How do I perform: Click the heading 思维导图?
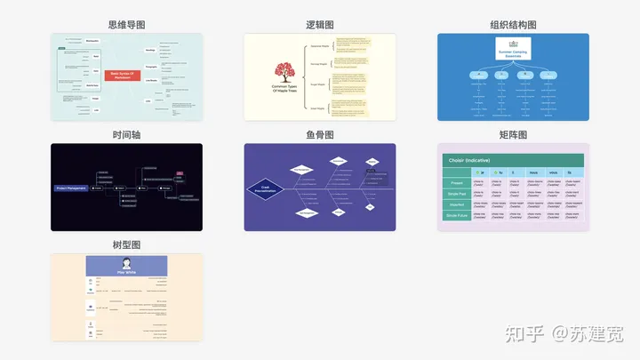[x=126, y=25]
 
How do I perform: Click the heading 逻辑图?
[x=319, y=25]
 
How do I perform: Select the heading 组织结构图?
[x=513, y=25]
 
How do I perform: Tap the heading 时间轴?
[x=126, y=135]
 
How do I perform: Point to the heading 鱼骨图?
[x=319, y=135]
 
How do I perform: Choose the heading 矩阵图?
[x=513, y=135]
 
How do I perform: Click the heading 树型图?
[x=126, y=245]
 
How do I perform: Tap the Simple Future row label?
[x=457, y=216]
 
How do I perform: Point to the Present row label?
[x=457, y=184]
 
